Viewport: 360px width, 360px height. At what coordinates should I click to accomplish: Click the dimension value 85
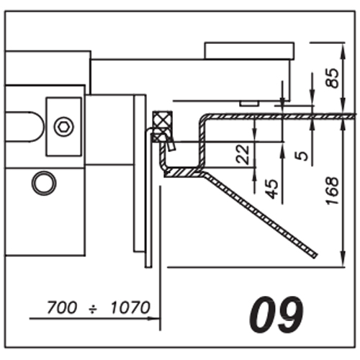pos(332,78)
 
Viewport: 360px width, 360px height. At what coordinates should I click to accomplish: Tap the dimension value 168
pos(333,191)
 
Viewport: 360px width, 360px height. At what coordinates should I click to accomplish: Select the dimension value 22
pos(243,154)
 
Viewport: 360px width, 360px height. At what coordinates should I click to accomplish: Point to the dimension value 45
pos(273,189)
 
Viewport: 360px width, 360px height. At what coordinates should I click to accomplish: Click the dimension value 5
pos(302,156)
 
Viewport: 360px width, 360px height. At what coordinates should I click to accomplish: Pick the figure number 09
pos(276,314)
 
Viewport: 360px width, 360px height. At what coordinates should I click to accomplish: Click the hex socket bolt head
pos(63,127)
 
